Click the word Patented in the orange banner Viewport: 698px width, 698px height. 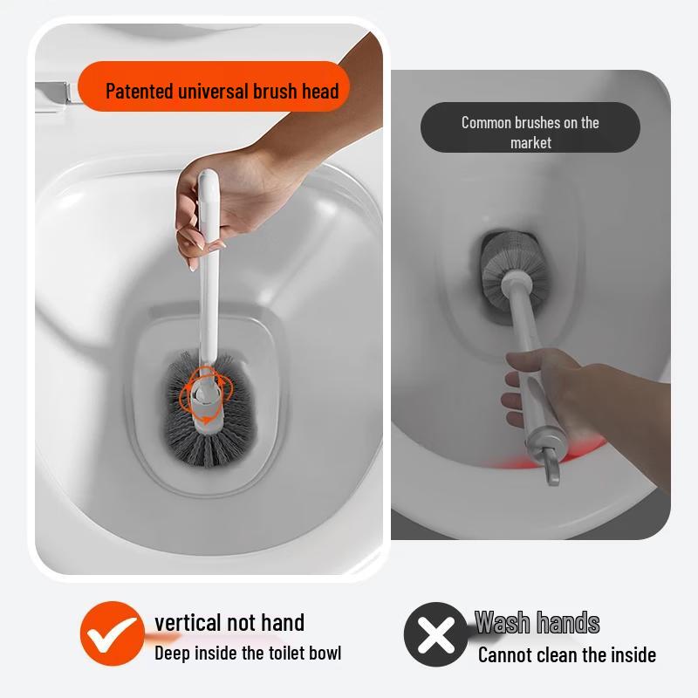pyautogui.click(x=140, y=91)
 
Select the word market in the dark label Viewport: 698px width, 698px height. pyautogui.click(x=530, y=142)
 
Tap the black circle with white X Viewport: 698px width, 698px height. pyautogui.click(x=435, y=634)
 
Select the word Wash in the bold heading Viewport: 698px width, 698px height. pyautogui.click(x=503, y=623)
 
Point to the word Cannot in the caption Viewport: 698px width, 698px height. pyautogui.click(x=507, y=654)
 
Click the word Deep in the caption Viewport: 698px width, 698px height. pyautogui.click(x=173, y=653)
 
